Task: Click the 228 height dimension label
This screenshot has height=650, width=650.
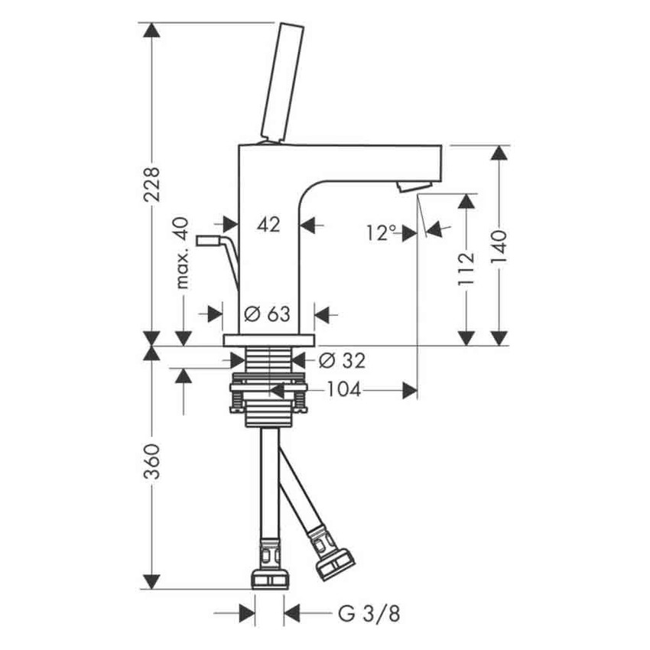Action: tap(153, 184)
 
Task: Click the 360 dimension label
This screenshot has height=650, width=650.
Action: tap(153, 461)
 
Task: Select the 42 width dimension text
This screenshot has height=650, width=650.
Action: tap(268, 225)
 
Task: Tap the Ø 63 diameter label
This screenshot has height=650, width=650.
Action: tap(268, 314)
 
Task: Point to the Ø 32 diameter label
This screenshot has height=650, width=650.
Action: tap(342, 359)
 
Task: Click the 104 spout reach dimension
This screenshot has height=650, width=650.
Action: tap(343, 390)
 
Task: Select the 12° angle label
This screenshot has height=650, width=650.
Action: tap(382, 232)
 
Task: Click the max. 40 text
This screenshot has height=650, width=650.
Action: tap(181, 253)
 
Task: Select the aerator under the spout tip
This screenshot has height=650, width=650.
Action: tap(414, 186)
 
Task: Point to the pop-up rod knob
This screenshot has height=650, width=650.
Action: tap(208, 242)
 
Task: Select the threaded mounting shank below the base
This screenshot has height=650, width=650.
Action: tap(268, 367)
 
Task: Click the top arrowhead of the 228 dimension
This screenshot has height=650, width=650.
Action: tap(153, 31)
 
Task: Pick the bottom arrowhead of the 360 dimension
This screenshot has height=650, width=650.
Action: tap(153, 580)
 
